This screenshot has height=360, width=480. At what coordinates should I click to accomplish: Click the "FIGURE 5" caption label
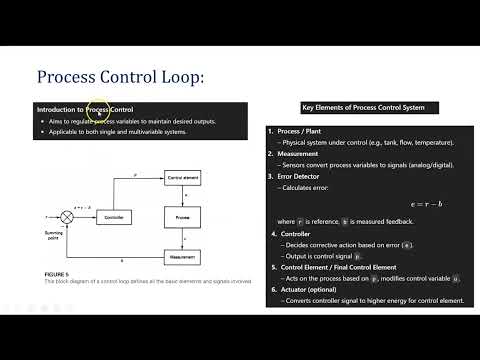57,273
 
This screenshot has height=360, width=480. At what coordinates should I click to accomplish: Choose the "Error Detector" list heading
304,176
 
